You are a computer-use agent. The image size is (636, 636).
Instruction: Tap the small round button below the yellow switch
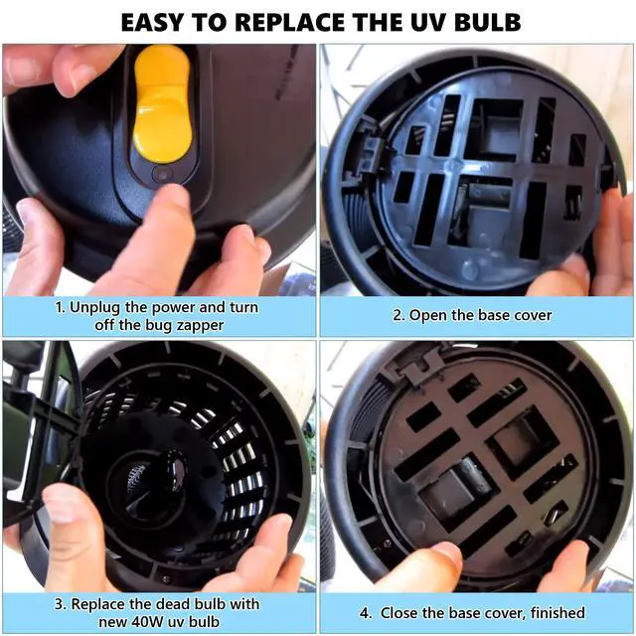[x=162, y=175]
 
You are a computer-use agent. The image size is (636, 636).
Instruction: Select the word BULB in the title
[x=487, y=22]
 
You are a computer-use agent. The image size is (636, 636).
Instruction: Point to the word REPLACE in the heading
[x=289, y=22]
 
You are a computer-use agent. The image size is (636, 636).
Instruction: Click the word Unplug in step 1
[x=95, y=308]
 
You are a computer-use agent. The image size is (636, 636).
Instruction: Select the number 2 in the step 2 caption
[x=397, y=316]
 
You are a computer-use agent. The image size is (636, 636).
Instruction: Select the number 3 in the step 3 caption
[x=60, y=604]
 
